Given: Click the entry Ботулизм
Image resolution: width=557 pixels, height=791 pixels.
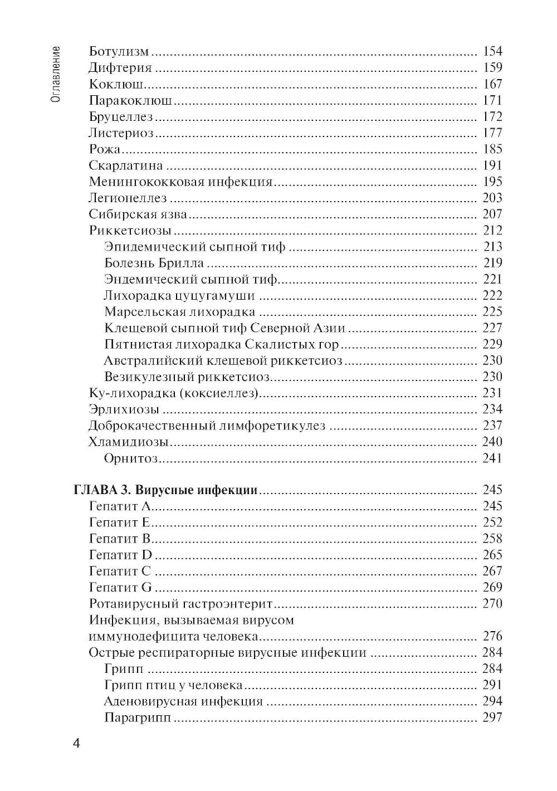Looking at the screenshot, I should click(119, 52).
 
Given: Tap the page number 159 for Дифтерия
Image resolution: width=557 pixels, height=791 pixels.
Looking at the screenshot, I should click(492, 68).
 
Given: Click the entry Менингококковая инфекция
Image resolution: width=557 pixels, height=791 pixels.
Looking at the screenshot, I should click(180, 182).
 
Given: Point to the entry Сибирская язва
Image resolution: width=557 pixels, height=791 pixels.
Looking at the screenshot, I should click(137, 214).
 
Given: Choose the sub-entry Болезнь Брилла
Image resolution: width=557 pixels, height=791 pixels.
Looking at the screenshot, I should click(154, 263).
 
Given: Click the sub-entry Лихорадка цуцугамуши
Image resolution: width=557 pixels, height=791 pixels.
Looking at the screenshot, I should click(179, 295).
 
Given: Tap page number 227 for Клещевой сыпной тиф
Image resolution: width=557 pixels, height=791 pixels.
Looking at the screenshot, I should click(492, 328).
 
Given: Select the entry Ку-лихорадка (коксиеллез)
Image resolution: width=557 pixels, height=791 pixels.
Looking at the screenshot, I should click(174, 393).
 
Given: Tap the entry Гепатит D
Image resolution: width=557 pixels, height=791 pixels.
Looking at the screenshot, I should click(120, 555).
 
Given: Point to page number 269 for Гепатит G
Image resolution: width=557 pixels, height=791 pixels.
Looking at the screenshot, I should click(492, 588).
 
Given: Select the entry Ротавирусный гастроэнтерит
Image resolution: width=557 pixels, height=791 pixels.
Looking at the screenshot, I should click(180, 604).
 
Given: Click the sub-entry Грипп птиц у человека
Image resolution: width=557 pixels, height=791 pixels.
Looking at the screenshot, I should click(173, 685).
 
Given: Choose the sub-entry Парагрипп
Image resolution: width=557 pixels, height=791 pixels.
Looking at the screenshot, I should click(137, 717).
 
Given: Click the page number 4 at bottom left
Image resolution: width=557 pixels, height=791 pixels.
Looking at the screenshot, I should click(77, 744).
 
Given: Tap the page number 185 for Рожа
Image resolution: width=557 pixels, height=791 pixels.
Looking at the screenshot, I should click(492, 149).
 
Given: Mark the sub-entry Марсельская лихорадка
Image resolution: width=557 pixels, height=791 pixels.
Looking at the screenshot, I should click(179, 312).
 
